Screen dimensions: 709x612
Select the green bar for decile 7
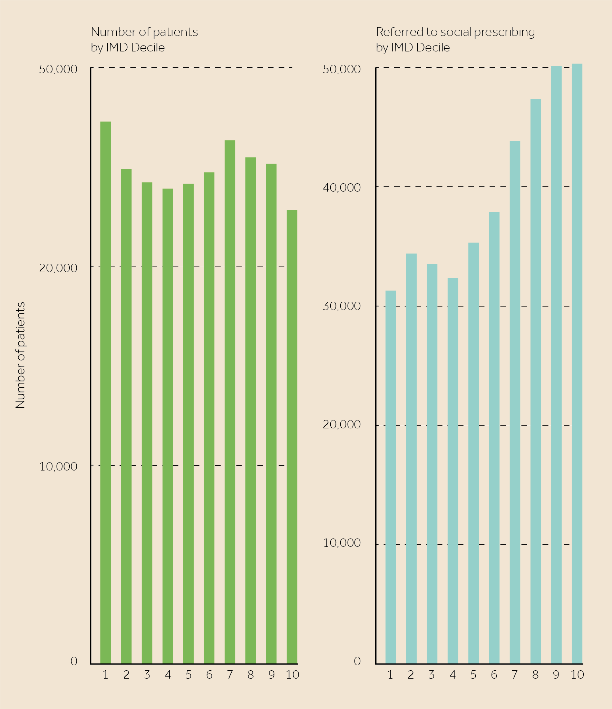pyautogui.click(x=230, y=402)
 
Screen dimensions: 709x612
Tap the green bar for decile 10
pyautogui.click(x=292, y=437)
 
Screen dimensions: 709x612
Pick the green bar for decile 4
pyautogui.click(x=168, y=426)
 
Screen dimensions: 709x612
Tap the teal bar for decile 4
pyautogui.click(x=453, y=471)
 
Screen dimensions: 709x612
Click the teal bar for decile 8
pyautogui.click(x=536, y=381)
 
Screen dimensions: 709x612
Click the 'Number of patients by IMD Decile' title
pyautogui.click(x=144, y=39)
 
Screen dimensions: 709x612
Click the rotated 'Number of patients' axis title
pyautogui.click(x=20, y=355)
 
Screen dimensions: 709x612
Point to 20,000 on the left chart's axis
pyautogui.click(x=58, y=268)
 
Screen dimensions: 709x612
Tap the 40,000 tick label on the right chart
pyautogui.click(x=342, y=187)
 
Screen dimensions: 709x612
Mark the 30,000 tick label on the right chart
pyautogui.click(x=342, y=306)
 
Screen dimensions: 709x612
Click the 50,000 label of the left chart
pyautogui.click(x=58, y=69)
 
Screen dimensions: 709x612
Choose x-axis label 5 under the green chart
pyautogui.click(x=188, y=675)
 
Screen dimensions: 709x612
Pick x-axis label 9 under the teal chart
pyautogui.click(x=556, y=675)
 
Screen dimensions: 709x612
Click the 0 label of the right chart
pyautogui.click(x=357, y=661)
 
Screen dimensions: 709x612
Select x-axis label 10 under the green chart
pyautogui.click(x=292, y=675)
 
